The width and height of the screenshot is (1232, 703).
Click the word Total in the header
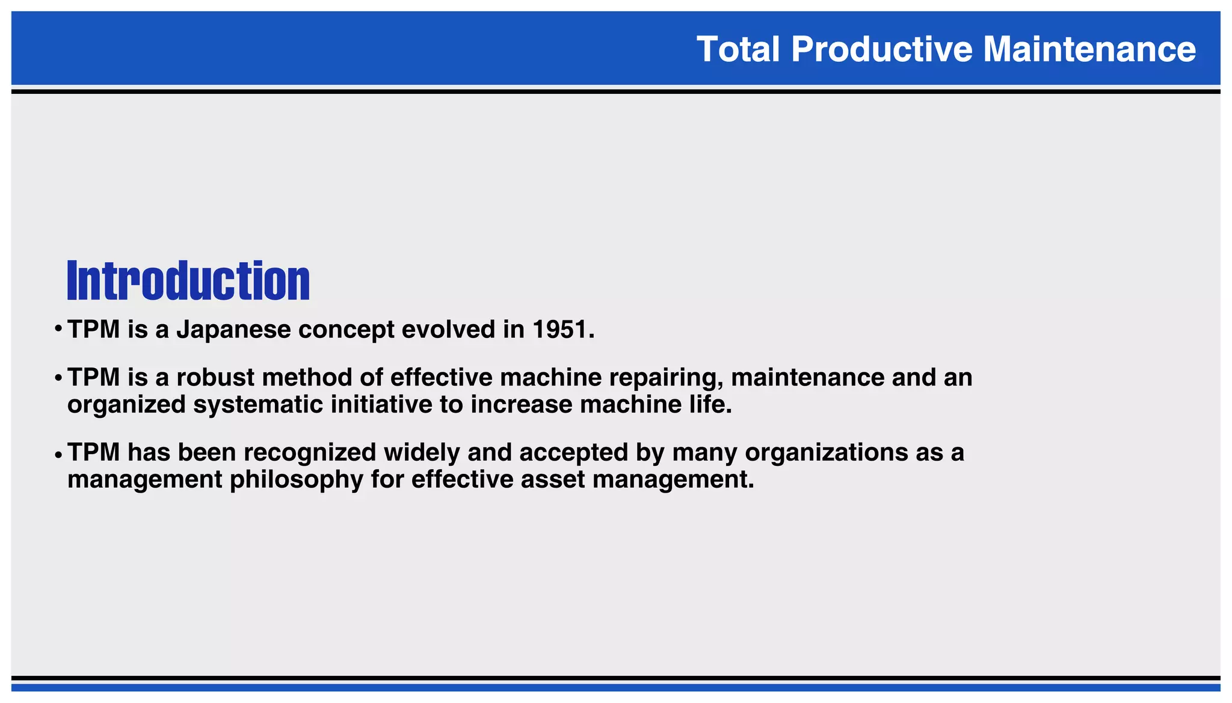coord(738,49)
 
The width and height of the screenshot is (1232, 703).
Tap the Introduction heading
coord(188,281)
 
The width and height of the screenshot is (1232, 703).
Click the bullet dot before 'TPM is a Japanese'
coord(58,330)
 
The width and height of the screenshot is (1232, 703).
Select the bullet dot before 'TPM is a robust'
coord(58,378)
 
